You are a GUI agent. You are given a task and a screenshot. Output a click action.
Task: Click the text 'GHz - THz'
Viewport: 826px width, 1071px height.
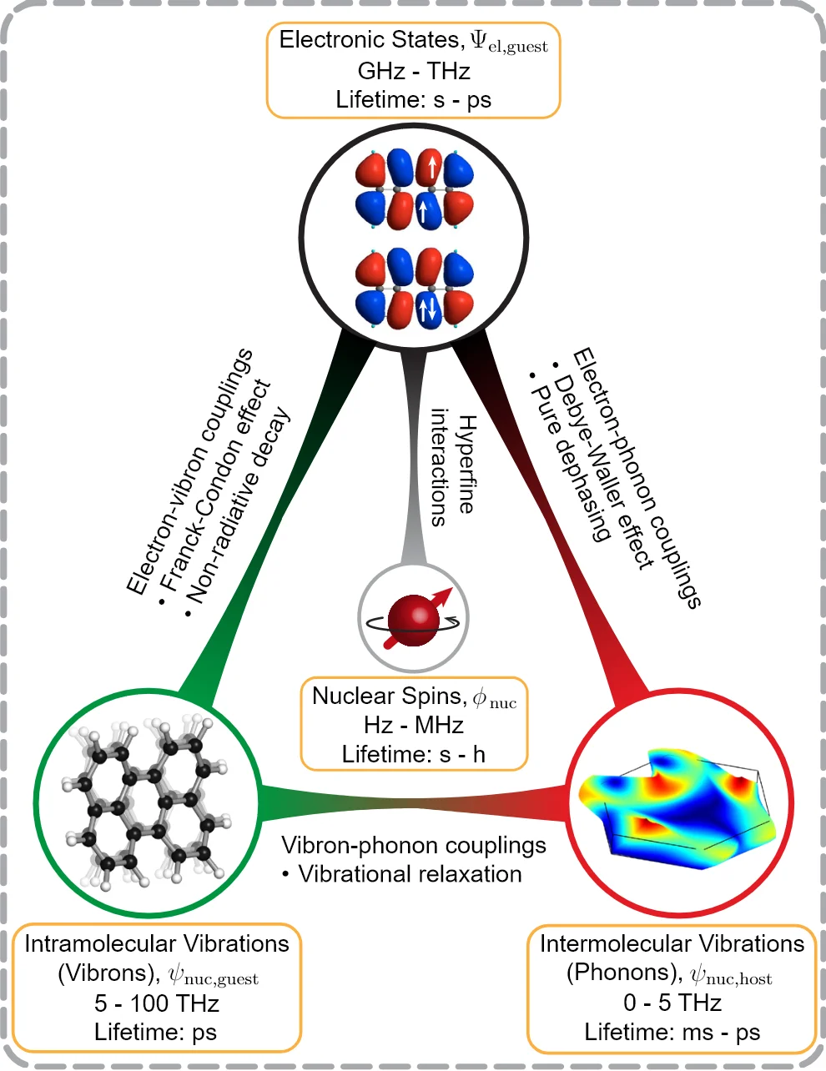pos(413,71)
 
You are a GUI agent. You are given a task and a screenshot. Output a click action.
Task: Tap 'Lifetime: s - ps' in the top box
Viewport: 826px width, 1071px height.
pos(413,100)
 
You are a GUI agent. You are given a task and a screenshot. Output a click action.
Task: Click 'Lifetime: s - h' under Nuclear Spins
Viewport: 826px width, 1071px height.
pos(413,754)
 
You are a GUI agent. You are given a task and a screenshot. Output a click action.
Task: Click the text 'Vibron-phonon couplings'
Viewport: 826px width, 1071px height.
pos(413,845)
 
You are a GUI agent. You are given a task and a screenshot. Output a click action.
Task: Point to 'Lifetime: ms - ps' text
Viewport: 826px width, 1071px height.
pos(672,1033)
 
